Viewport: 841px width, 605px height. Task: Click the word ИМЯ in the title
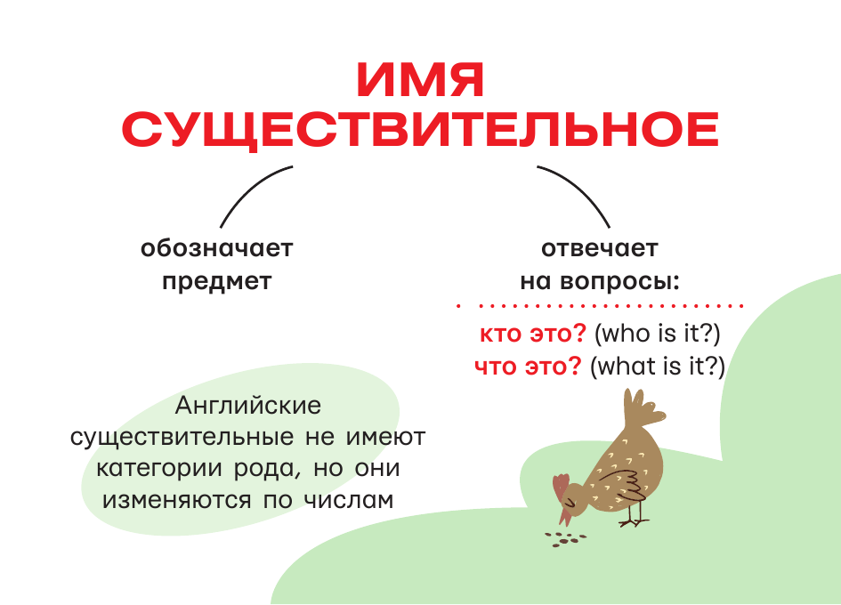coord(420,82)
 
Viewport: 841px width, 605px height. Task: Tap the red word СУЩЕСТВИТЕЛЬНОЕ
coord(420,131)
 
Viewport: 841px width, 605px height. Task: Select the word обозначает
coord(216,248)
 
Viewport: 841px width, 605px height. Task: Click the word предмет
coord(216,282)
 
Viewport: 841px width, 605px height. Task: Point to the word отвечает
coord(599,248)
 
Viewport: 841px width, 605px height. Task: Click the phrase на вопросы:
coord(599,282)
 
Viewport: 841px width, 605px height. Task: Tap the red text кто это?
coord(531,335)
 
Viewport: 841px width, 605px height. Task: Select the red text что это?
coord(528,366)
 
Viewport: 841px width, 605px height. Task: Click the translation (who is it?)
coord(657,335)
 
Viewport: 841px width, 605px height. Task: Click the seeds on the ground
coord(562,538)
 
